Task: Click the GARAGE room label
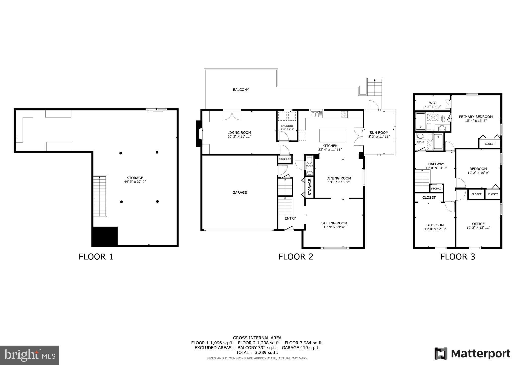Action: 239,193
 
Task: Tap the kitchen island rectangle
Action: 332,136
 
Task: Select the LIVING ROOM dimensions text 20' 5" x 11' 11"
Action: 239,137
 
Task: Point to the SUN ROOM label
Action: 379,133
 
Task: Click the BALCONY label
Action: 241,90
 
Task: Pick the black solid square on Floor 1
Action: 105,236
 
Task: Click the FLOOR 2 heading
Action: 296,257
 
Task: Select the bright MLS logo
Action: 29,355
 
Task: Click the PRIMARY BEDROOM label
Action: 475,117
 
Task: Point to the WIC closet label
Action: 432,103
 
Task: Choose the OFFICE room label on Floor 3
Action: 478,224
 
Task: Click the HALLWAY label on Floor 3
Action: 436,164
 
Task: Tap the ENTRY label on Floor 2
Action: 290,218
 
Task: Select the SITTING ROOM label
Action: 334,223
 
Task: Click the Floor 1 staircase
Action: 100,196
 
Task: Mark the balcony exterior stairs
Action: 375,87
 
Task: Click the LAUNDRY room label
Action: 287,126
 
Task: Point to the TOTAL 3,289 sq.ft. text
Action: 257,352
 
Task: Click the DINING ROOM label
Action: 339,178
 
